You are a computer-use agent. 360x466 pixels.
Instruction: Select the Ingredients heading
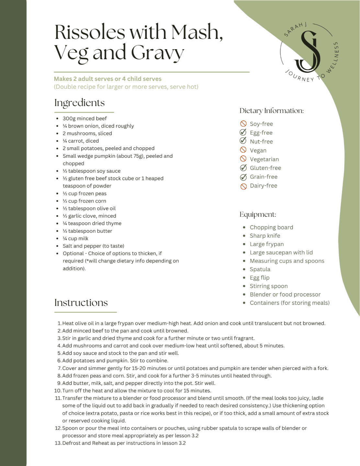point(79,103)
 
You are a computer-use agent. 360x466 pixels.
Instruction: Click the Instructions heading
point(81,303)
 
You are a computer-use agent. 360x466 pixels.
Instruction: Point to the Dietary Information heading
point(271,111)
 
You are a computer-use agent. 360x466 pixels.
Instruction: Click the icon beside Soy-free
point(243,124)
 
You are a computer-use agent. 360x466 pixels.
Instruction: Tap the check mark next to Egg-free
point(243,132)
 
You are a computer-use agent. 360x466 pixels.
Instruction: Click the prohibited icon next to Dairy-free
point(243,186)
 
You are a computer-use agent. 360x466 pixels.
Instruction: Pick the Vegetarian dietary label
point(264,159)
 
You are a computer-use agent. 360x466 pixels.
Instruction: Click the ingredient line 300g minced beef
point(84,118)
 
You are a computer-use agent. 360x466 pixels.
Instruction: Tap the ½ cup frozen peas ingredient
point(84,194)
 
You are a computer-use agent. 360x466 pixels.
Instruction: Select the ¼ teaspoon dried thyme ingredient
point(92,223)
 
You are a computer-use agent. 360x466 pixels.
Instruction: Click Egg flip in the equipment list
point(259,278)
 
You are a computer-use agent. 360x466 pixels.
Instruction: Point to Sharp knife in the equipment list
point(265,236)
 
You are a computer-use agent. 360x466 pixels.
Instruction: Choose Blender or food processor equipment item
point(285,294)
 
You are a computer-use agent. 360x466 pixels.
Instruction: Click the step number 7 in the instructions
point(60,368)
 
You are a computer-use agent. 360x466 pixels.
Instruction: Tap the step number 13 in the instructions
point(58,443)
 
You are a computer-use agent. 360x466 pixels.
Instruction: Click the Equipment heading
point(258,215)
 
